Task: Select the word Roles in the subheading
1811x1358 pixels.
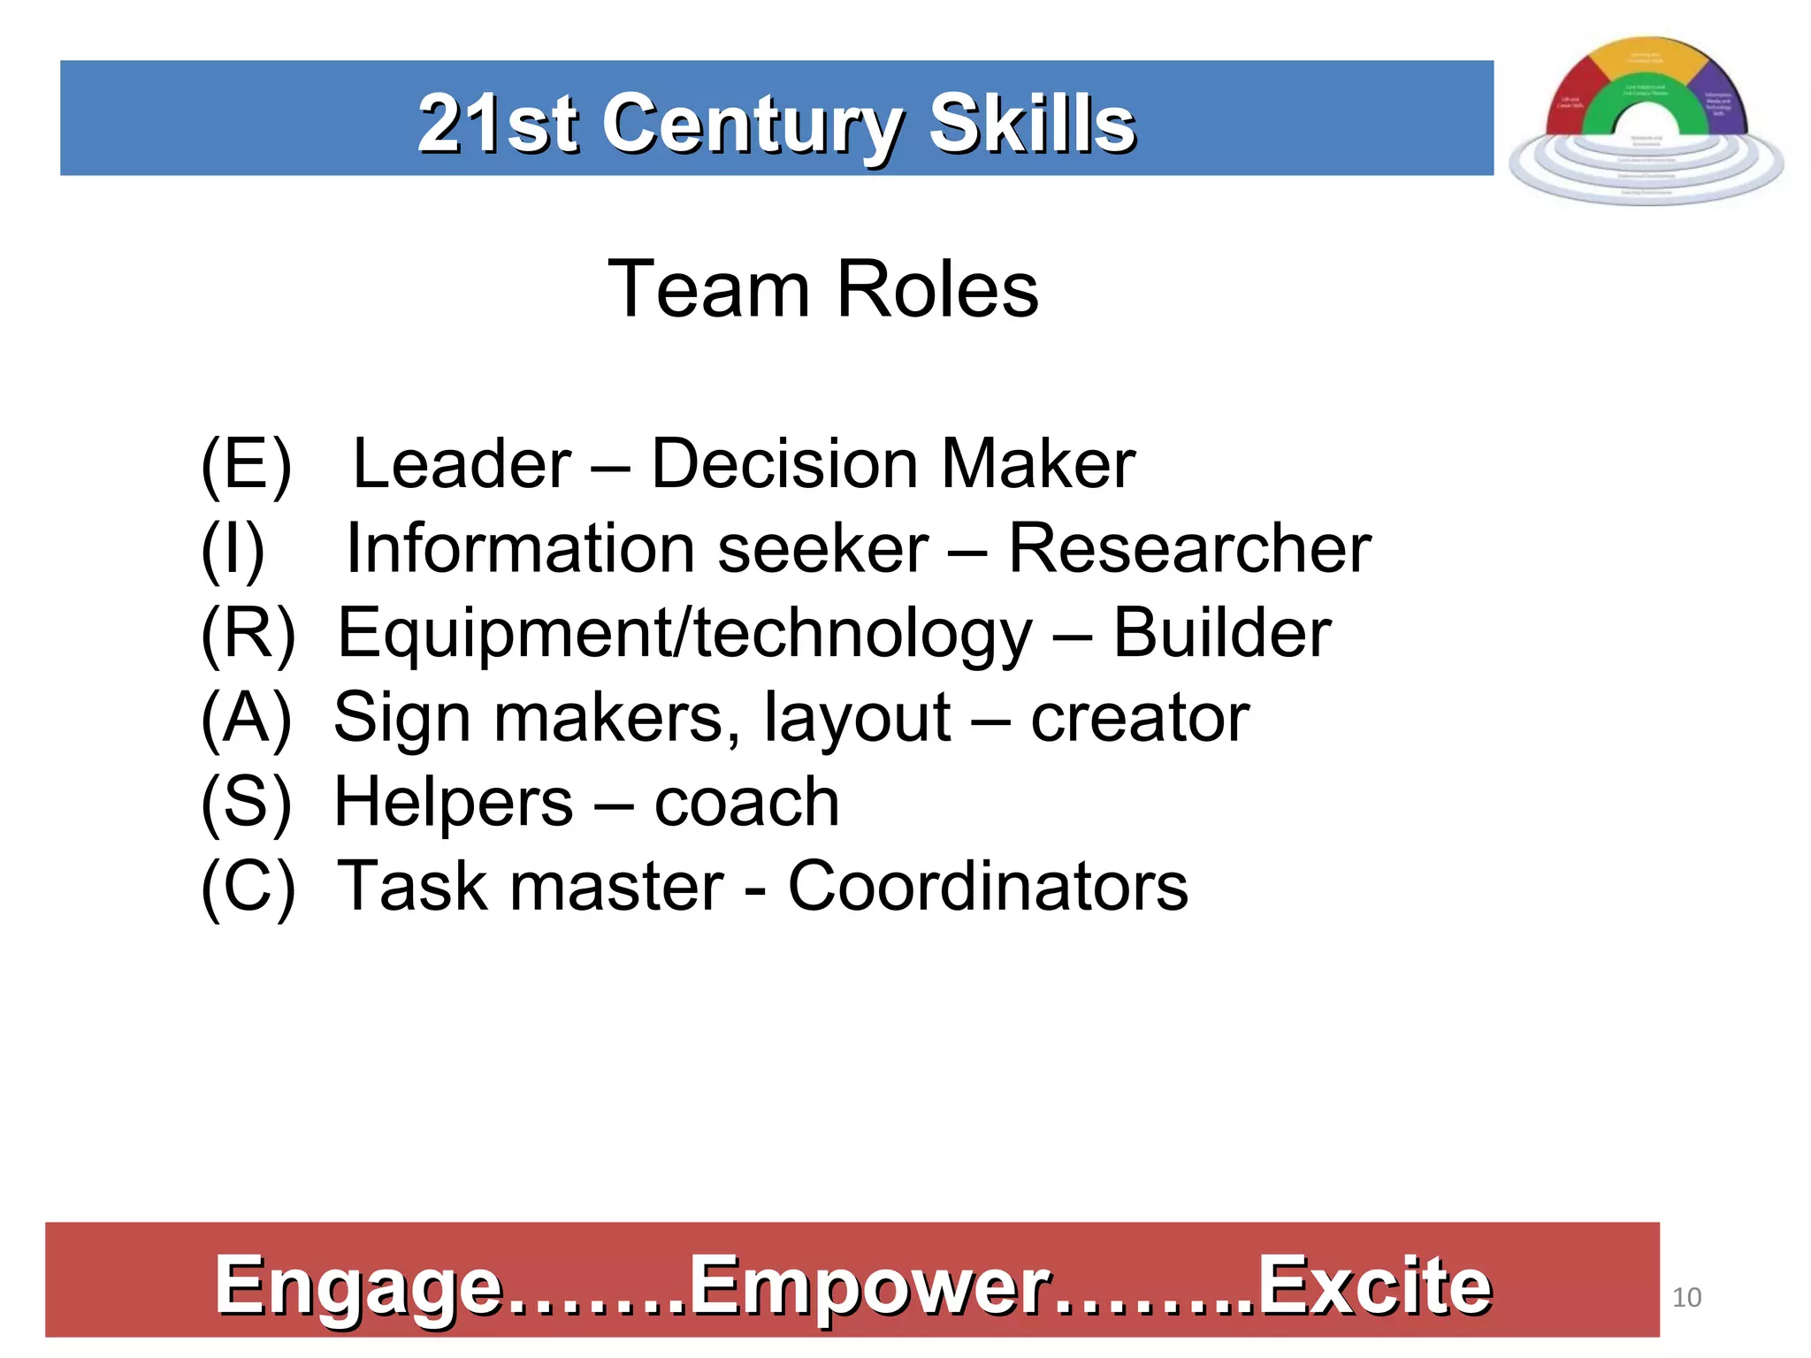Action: (937, 289)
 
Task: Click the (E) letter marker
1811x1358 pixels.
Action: (246, 464)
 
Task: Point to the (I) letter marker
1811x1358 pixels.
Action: (233, 549)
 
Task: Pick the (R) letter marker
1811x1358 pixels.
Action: (248, 633)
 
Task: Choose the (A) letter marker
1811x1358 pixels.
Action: (246, 718)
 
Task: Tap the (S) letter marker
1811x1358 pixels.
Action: (246, 803)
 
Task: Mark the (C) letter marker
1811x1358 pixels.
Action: (248, 887)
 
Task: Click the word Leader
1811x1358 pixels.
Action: (462, 464)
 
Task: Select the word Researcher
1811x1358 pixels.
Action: (1189, 549)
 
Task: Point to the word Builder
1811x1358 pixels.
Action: (1221, 633)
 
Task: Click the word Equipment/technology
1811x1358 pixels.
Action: (684, 635)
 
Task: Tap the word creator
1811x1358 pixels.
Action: (1140, 718)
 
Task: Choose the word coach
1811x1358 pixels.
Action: (746, 803)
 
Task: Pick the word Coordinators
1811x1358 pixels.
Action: (988, 887)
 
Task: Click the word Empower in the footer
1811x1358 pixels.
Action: (870, 1286)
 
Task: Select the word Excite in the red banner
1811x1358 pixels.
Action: (1374, 1286)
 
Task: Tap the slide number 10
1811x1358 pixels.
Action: (1686, 1297)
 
